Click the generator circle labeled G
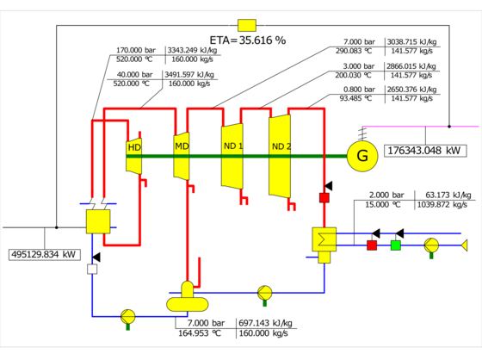coord(362,156)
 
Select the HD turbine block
coord(134,156)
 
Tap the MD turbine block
coord(182,156)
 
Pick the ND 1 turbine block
coord(232,156)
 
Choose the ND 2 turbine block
coord(280,156)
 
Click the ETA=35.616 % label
coord(248,40)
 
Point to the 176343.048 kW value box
coord(425,151)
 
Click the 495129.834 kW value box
coord(45,254)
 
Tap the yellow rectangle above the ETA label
coord(247,26)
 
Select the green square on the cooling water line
coord(396,245)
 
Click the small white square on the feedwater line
coord(92,270)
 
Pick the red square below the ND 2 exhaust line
coord(324,197)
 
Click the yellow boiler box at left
coord(98,221)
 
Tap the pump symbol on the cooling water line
coord(431,245)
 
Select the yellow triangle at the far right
coord(465,245)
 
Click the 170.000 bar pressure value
coord(136,50)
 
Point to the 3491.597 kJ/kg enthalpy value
coord(189,74)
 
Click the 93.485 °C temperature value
coord(355,98)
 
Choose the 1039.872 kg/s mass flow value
coord(442,205)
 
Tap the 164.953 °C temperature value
coord(200,333)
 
